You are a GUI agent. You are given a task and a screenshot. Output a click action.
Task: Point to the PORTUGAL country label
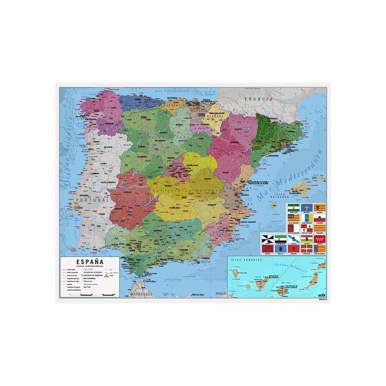[92, 200]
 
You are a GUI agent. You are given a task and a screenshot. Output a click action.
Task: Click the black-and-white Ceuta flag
[268, 239]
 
